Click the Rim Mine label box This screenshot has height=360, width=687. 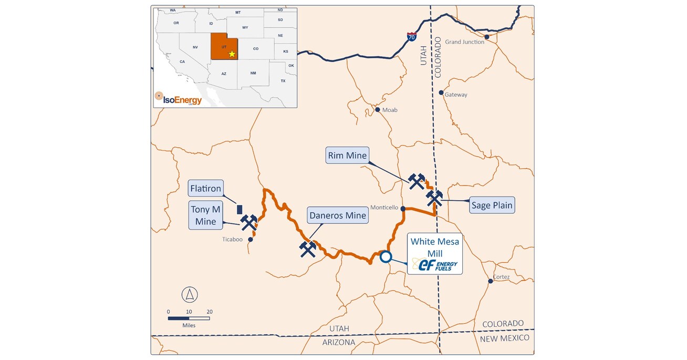tap(347, 156)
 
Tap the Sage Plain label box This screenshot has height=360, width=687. tap(492, 205)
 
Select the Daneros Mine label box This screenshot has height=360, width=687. tap(337, 215)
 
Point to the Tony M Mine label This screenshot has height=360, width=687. tap(206, 215)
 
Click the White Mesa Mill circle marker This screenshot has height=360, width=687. tap(386, 257)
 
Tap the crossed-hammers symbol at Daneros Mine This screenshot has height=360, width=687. tap(308, 249)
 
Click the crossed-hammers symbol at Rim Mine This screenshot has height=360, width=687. tap(417, 181)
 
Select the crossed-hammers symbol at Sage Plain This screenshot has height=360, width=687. tap(434, 198)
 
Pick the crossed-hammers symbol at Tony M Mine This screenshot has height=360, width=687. tap(248, 223)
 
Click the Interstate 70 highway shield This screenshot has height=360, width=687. tap(412, 37)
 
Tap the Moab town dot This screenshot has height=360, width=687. tap(377, 110)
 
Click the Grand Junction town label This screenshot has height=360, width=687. tap(464, 42)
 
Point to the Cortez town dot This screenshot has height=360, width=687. tap(491, 281)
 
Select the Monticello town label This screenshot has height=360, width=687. tap(384, 208)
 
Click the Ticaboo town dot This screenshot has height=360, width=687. tap(251, 240)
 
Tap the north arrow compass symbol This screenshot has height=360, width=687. tap(190, 294)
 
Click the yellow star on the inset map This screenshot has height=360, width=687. tap(232, 54)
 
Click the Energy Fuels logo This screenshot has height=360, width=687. tap(435, 265)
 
